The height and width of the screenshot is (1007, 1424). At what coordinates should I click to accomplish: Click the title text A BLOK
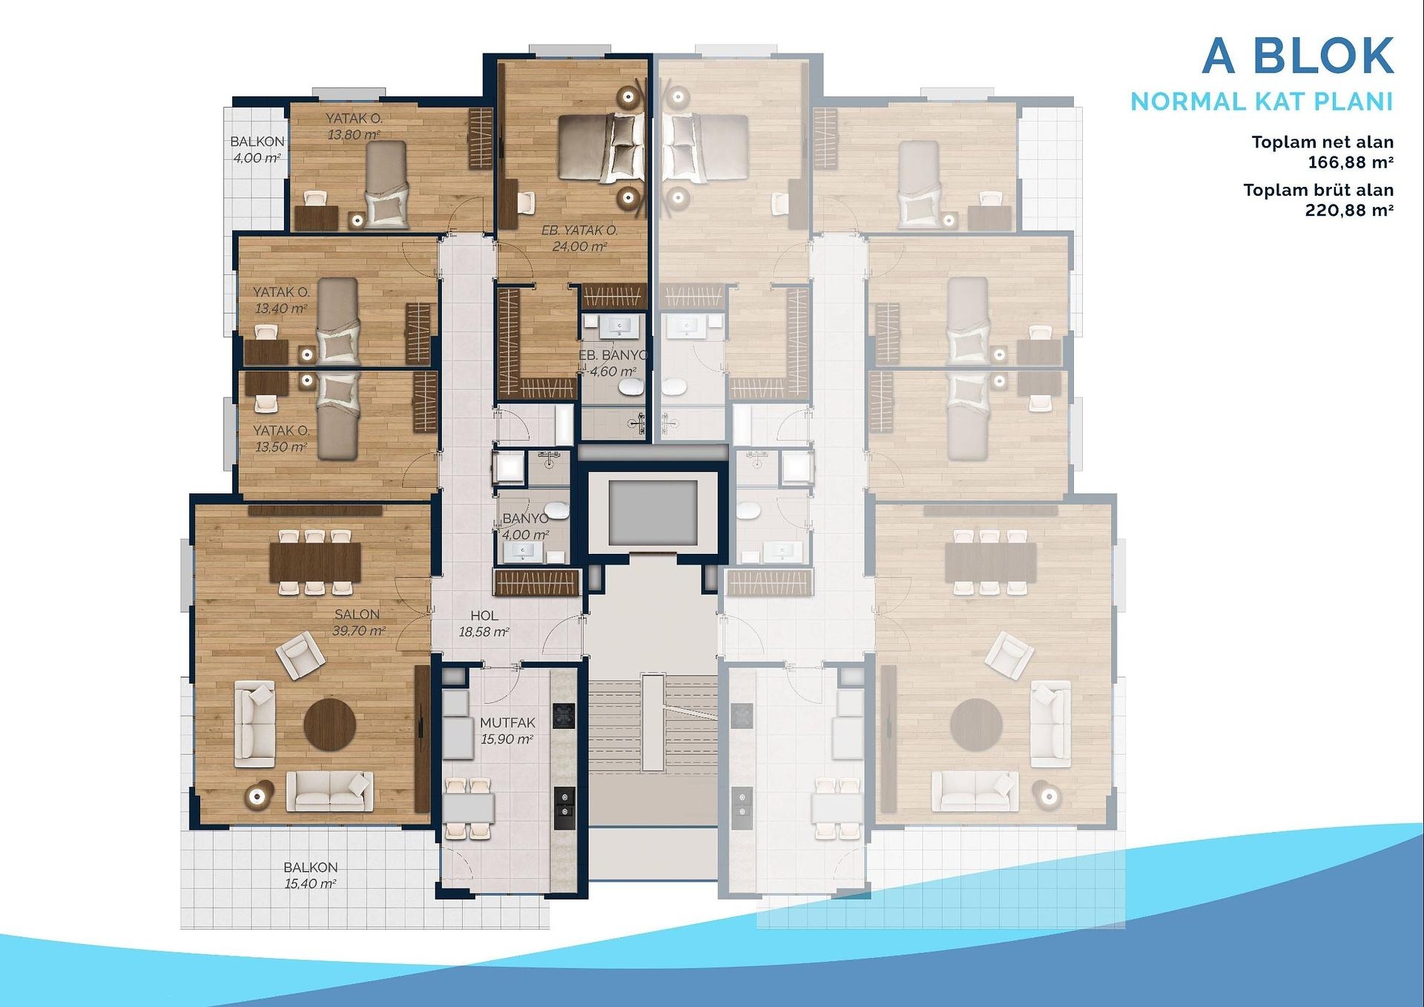pyautogui.click(x=1298, y=56)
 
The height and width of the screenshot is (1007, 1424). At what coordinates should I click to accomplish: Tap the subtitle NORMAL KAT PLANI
pyautogui.click(x=1262, y=102)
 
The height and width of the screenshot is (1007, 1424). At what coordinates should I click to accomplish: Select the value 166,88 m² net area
pyautogui.click(x=1351, y=162)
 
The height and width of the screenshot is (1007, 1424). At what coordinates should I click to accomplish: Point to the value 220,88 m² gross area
pyautogui.click(x=1349, y=210)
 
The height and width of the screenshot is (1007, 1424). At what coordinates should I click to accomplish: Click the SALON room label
pyautogui.click(x=357, y=614)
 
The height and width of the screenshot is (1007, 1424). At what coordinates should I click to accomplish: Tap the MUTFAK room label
pyautogui.click(x=507, y=722)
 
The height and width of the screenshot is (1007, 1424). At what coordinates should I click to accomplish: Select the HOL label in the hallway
pyautogui.click(x=484, y=615)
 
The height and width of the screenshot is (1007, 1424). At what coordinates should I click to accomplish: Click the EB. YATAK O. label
pyautogui.click(x=579, y=230)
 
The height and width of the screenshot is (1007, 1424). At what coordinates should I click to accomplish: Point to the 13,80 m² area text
pyautogui.click(x=354, y=135)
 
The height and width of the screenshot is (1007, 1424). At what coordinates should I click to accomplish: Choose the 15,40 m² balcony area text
pyautogui.click(x=310, y=883)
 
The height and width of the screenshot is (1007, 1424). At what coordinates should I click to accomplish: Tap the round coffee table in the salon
pyautogui.click(x=330, y=724)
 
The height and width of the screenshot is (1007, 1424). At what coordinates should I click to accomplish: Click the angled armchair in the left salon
pyautogui.click(x=300, y=655)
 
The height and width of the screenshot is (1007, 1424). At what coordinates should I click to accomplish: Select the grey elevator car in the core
pyautogui.click(x=653, y=513)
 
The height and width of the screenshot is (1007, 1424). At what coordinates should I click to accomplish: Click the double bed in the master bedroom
pyautogui.click(x=601, y=148)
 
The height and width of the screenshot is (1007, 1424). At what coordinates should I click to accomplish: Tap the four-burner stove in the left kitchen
pyautogui.click(x=564, y=716)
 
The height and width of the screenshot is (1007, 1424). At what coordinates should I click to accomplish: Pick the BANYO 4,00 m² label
pyautogui.click(x=525, y=526)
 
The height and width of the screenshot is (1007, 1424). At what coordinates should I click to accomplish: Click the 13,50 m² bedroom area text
pyautogui.click(x=280, y=447)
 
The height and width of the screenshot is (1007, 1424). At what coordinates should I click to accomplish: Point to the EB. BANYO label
pyautogui.click(x=613, y=355)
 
